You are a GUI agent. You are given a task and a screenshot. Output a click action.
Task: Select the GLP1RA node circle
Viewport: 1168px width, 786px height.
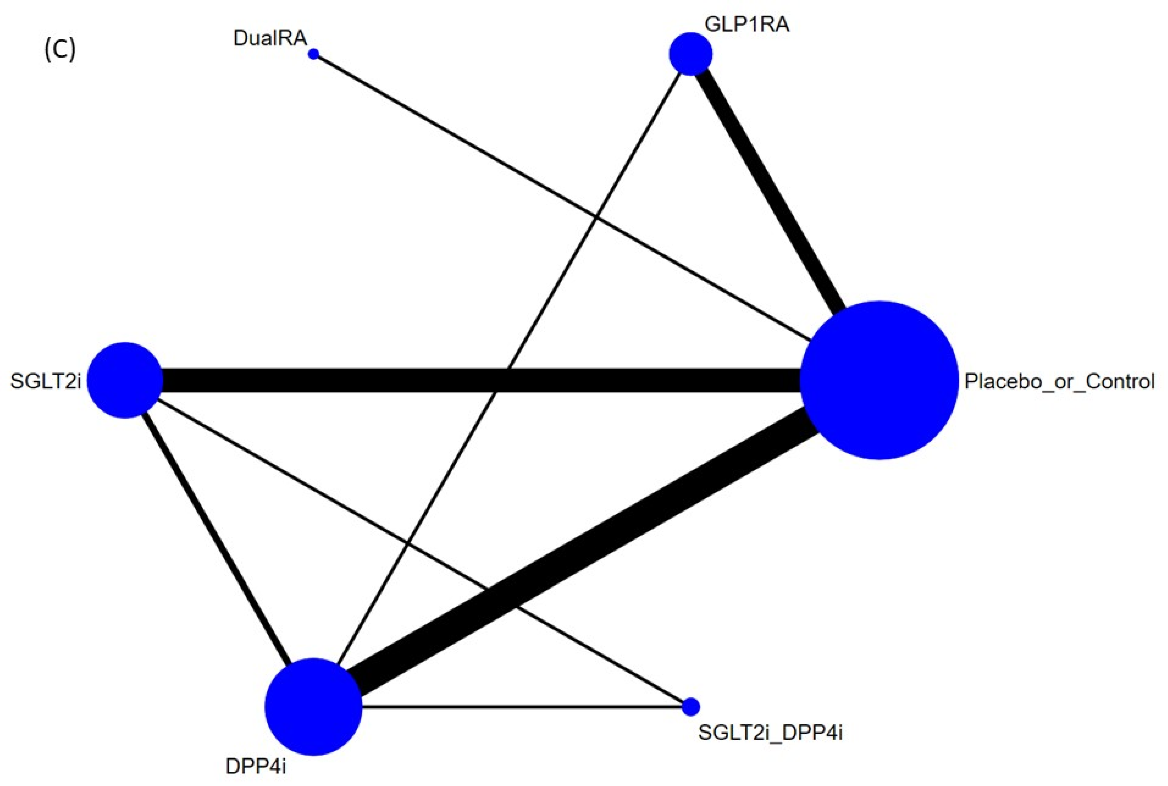pos(690,54)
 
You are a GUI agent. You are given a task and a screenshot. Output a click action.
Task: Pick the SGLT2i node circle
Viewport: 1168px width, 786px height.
pos(125,380)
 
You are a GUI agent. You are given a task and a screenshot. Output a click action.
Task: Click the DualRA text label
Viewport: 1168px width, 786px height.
pos(270,38)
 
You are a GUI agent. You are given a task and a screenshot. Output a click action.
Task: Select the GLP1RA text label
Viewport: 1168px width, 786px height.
pos(746,24)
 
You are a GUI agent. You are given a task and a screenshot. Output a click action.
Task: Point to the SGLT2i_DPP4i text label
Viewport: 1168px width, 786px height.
pos(770,733)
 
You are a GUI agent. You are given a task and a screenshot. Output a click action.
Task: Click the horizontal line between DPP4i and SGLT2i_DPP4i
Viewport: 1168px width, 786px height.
pos(522,707)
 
